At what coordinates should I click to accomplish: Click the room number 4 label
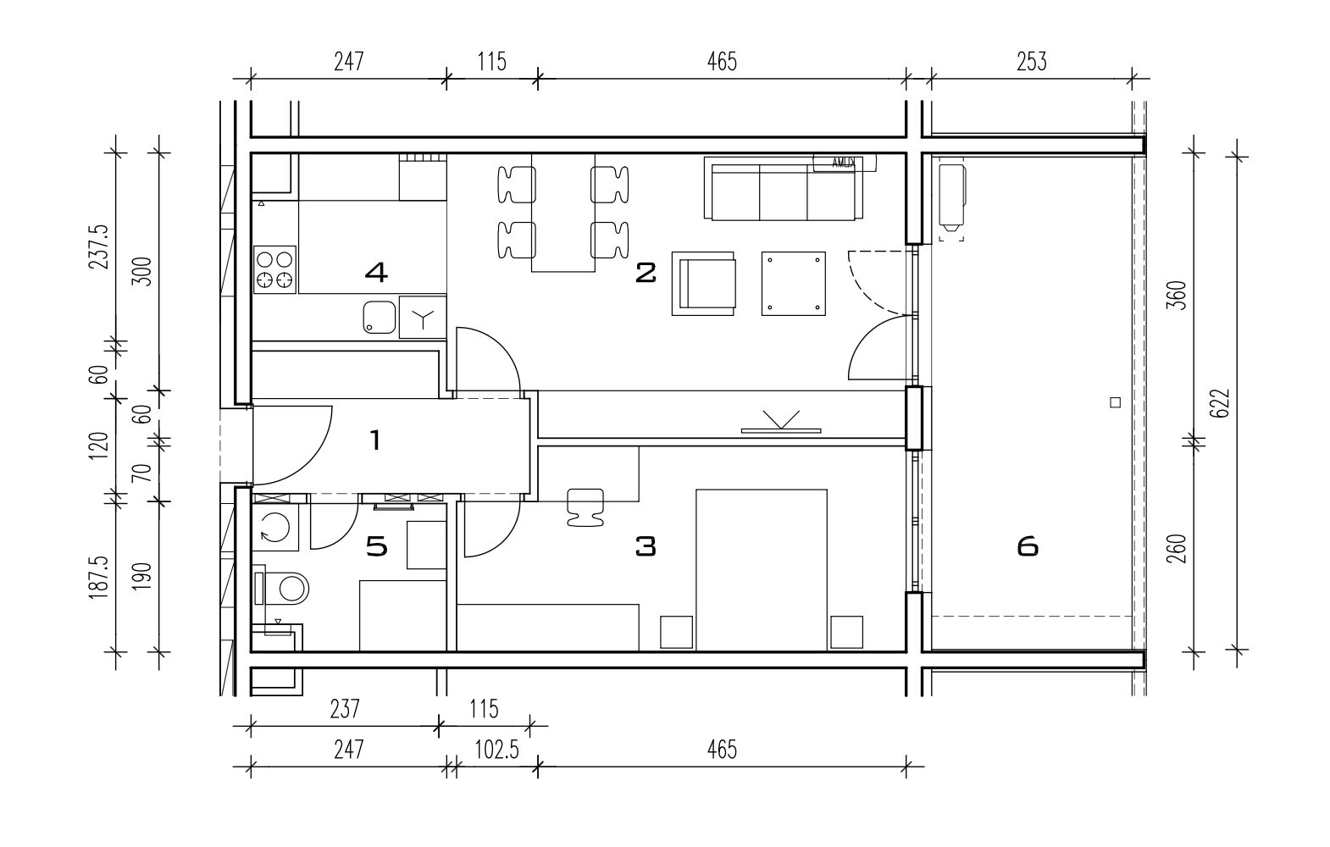(x=376, y=273)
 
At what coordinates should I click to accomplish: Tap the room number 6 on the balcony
(x=1028, y=546)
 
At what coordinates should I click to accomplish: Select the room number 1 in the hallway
(x=375, y=440)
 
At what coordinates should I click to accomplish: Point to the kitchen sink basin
(x=380, y=317)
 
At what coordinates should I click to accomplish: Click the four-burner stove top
(x=275, y=269)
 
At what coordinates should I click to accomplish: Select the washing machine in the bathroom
(x=275, y=527)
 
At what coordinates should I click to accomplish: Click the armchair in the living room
(x=704, y=283)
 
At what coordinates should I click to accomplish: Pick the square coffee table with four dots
(x=793, y=283)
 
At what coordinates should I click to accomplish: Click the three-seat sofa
(x=783, y=189)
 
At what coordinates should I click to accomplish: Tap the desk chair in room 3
(x=585, y=507)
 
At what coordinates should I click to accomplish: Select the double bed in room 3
(x=762, y=570)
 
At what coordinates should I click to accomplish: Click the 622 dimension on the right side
(x=1220, y=404)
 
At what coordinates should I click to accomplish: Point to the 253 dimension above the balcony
(x=1031, y=62)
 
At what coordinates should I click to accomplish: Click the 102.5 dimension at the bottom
(x=496, y=750)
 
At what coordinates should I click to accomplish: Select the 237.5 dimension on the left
(x=99, y=247)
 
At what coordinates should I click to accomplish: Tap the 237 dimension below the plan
(x=345, y=709)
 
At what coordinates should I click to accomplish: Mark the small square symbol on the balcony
(x=1115, y=402)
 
